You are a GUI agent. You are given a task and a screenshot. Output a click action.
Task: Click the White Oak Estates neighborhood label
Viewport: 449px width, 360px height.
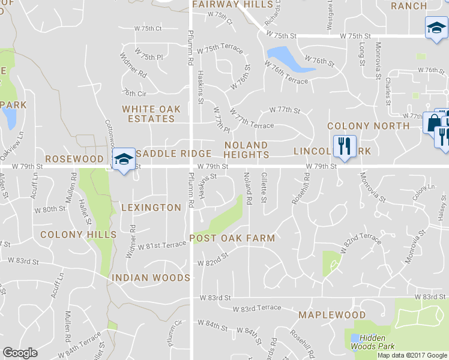pos(148,114)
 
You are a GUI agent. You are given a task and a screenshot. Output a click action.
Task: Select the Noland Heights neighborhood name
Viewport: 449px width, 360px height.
pos(246,150)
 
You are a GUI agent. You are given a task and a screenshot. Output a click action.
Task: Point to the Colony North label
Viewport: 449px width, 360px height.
pos(368,126)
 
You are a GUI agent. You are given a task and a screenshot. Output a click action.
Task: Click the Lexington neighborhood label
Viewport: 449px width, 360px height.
pos(151,208)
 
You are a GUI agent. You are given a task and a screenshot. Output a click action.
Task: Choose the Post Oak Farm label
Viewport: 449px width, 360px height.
pos(232,238)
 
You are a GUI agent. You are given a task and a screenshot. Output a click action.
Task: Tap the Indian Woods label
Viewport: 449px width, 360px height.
pos(151,278)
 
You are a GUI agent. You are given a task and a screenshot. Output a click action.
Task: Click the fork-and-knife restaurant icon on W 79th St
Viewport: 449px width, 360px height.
pos(344,146)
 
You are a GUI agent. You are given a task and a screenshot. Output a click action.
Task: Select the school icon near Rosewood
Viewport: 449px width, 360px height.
pos(124,159)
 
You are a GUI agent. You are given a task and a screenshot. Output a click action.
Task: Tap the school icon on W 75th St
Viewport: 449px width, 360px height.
pos(436,27)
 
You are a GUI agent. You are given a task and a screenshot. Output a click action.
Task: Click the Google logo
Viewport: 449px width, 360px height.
pos(20,353)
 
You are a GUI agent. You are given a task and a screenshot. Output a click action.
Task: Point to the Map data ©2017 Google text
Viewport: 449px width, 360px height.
pos(411,355)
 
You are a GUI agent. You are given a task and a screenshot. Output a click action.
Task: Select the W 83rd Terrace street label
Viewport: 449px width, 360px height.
pos(256,308)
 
